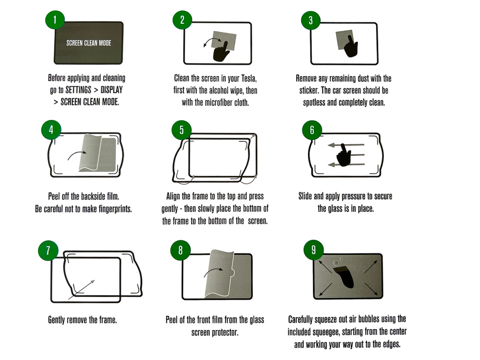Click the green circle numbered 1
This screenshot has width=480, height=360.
tap(55, 20)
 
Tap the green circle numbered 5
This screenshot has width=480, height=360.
tap(181, 130)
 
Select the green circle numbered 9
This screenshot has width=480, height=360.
tap(314, 250)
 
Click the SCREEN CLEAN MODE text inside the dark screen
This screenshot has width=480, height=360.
tap(89, 43)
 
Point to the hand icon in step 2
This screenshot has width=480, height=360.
tap(221, 52)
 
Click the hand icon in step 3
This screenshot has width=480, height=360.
tap(351, 47)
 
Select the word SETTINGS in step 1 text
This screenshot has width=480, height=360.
tap(78, 90)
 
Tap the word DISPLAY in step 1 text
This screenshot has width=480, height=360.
tap(111, 90)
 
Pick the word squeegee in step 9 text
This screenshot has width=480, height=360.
tap(326, 332)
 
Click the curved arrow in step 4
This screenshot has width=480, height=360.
tap(76, 154)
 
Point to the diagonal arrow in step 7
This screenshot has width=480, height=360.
tap(81, 290)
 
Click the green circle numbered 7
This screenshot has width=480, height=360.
tap(48, 251)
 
